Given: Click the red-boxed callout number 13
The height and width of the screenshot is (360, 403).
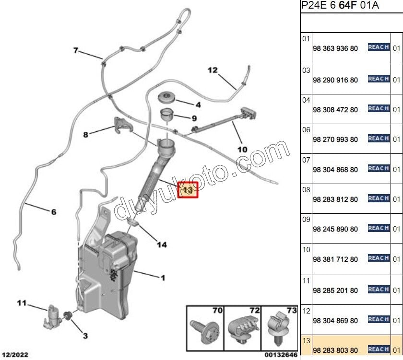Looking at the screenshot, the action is point(188,190).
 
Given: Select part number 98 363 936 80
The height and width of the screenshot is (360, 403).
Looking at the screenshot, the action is point(335,48).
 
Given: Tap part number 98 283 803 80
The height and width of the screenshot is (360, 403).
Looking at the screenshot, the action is point(335,350).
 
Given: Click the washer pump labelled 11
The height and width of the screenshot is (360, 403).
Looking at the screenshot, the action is point(53,317).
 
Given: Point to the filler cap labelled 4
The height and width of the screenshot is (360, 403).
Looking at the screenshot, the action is point(166,97).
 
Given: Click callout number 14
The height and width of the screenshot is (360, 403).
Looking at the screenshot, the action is point(162,244).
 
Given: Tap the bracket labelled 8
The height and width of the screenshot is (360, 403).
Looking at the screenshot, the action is point(122,125).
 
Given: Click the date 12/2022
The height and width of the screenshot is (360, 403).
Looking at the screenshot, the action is point(15,355).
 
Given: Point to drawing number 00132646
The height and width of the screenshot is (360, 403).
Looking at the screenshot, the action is point(281,355).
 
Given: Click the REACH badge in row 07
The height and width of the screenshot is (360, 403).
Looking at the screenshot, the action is point(379,168).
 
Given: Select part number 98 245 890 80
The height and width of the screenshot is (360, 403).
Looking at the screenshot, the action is point(335,229).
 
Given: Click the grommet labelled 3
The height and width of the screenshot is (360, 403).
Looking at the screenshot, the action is point(68,315).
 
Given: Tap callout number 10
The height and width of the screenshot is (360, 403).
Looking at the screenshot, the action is point(242,150).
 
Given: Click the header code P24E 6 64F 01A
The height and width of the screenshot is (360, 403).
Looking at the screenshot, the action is point(340,5).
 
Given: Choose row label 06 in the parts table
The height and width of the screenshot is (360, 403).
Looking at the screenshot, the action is point(306,130).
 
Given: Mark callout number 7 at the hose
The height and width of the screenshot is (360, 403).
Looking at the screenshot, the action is point(76,50).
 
